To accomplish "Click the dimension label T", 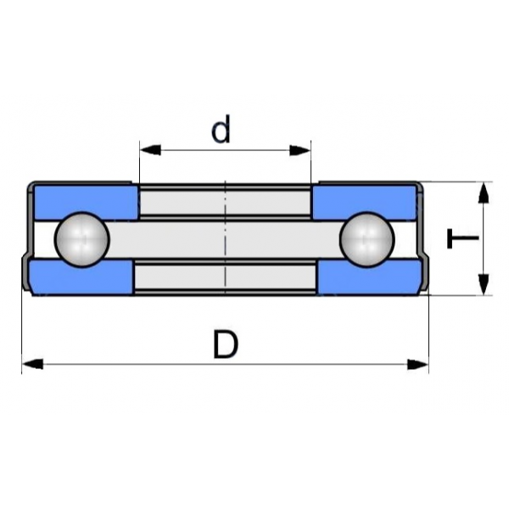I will pyautogui.click(x=462, y=239).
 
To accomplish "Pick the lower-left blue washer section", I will pyautogui.click(x=81, y=277).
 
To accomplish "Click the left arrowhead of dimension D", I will pyautogui.click(x=31, y=365).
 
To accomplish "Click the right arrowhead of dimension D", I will pyautogui.click(x=418, y=365).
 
